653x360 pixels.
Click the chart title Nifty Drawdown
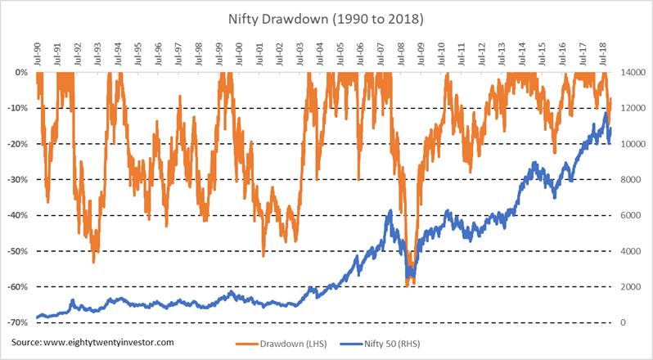(x=326, y=16)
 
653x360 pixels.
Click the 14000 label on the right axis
(x=630, y=72)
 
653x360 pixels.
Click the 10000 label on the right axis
(x=630, y=144)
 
